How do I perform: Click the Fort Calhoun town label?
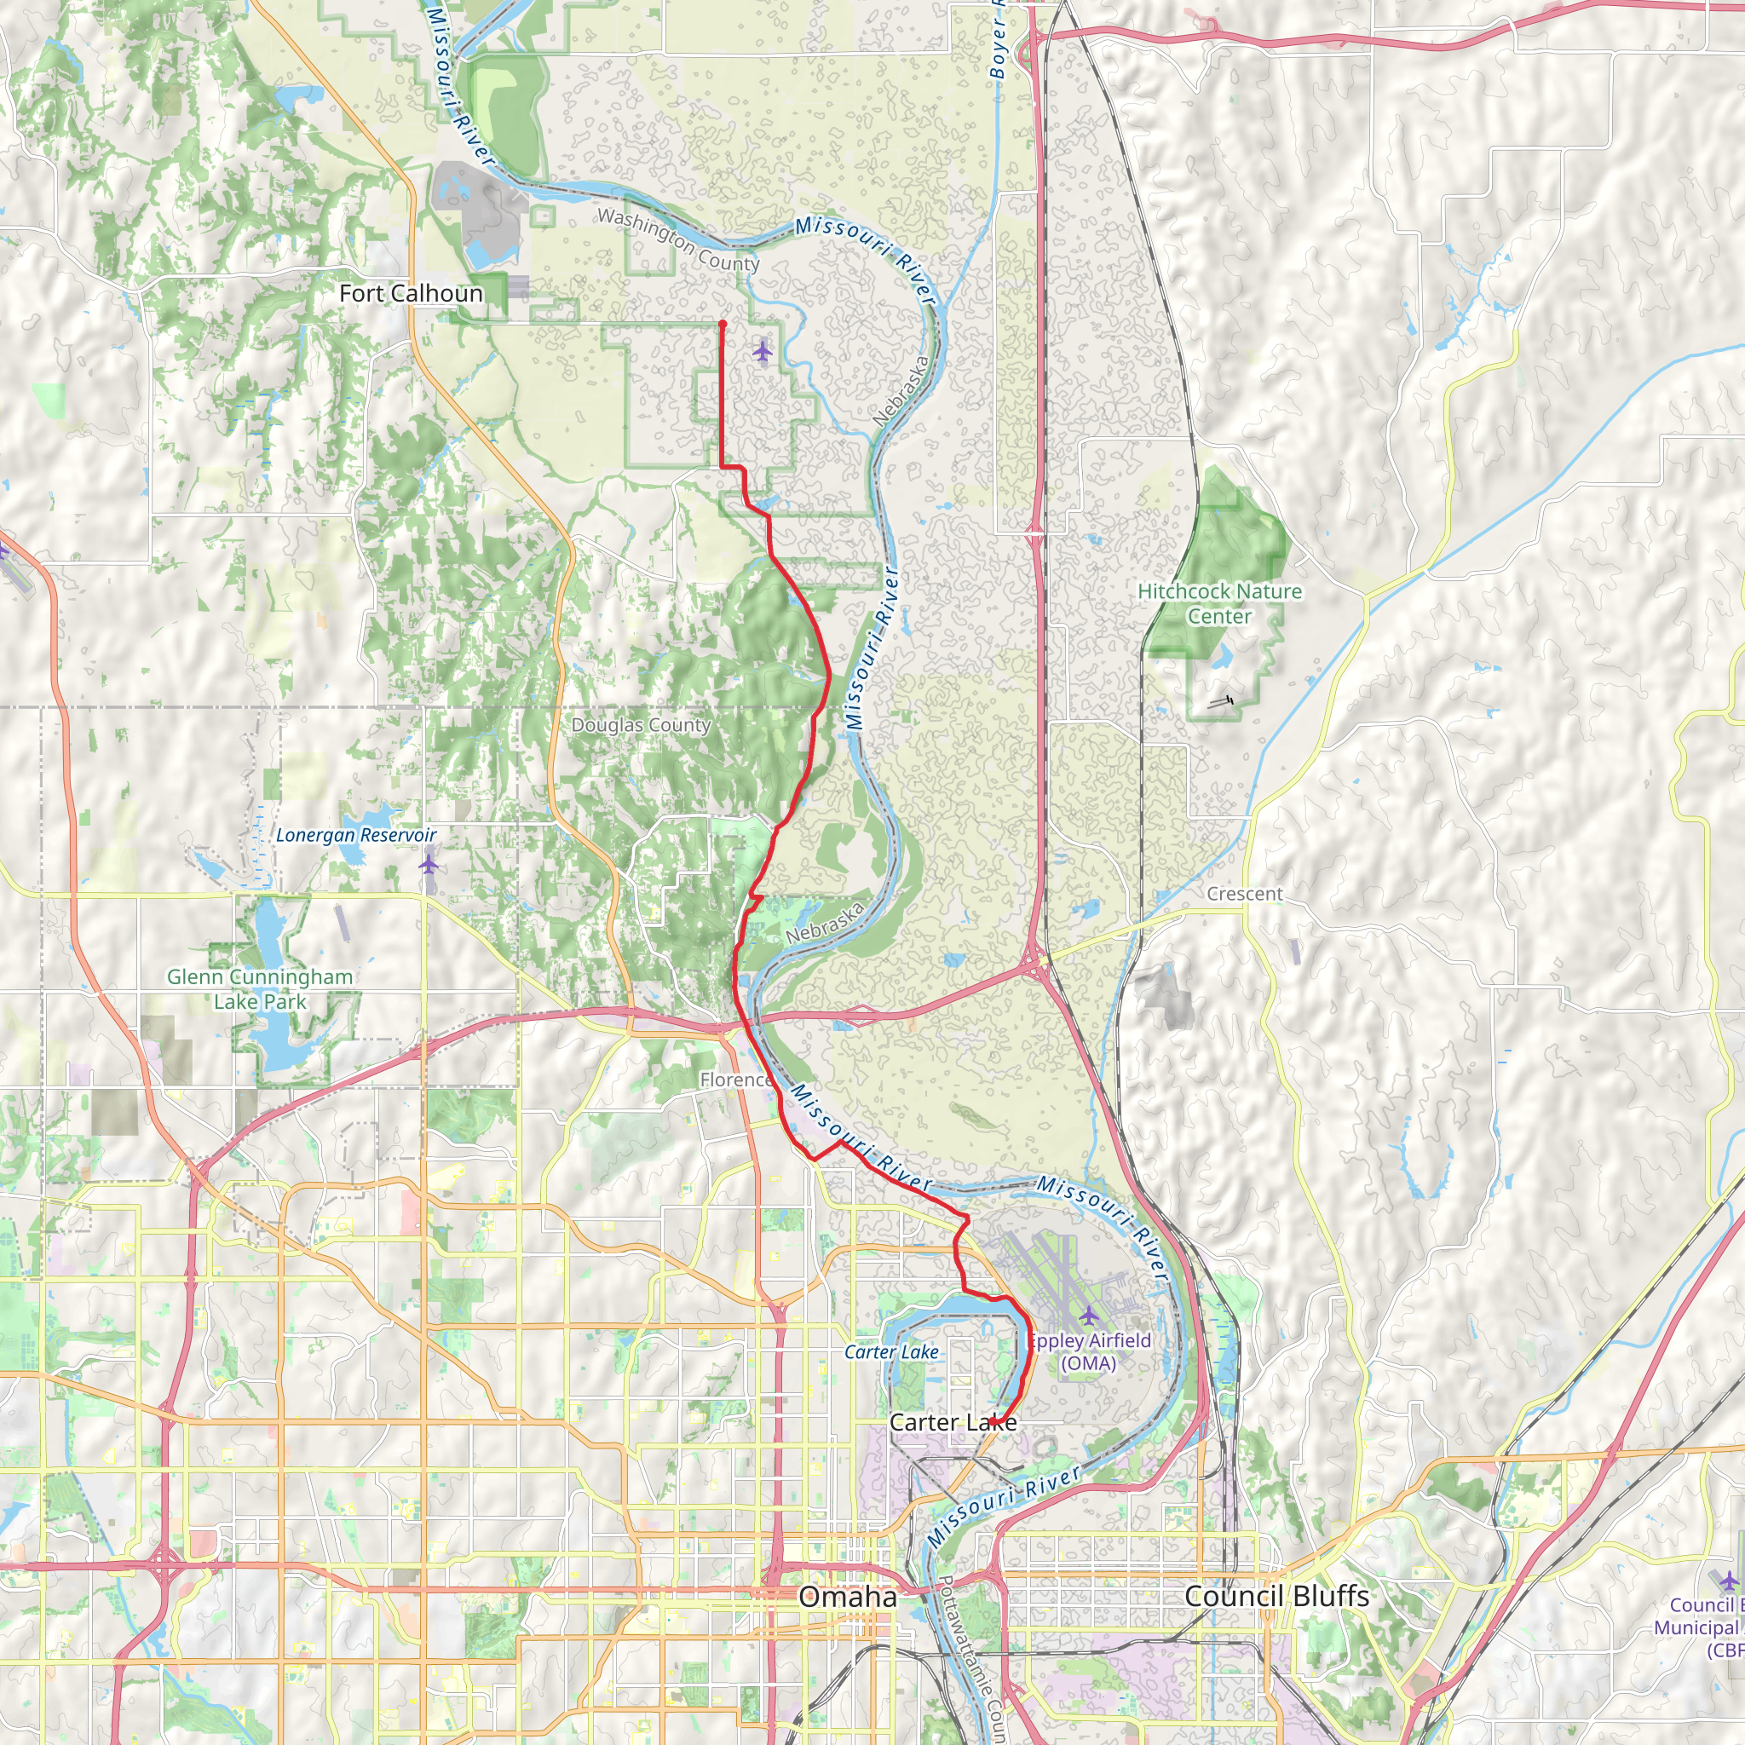pos(411,294)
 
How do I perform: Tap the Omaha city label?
pos(847,1596)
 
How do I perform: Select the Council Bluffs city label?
pos(1276,1596)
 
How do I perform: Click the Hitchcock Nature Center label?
pos(1219,603)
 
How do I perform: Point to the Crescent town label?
pos(1245,893)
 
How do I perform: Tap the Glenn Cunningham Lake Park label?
pos(260,988)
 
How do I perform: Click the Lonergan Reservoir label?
pos(356,836)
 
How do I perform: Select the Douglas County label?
pos(642,725)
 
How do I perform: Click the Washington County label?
pos(678,239)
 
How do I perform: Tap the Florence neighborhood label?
pos(736,1080)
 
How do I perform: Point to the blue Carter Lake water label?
pos(891,1352)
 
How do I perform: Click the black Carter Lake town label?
pos(953,1422)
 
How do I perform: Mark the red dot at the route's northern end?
pos(723,323)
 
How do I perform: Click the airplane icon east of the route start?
pos(763,350)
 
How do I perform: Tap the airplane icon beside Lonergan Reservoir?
pos(428,864)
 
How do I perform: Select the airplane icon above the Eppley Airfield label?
pos(1089,1314)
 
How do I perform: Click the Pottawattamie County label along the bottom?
pos(971,1661)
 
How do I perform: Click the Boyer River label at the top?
pos(997,41)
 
